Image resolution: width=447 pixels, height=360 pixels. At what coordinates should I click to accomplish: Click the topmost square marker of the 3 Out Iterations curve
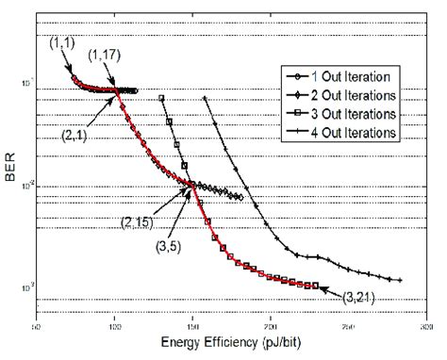(x=162, y=98)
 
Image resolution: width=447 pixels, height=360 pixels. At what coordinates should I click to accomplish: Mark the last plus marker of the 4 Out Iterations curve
(x=401, y=280)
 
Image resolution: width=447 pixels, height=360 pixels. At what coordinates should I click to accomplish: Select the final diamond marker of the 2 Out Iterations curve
(x=242, y=198)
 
